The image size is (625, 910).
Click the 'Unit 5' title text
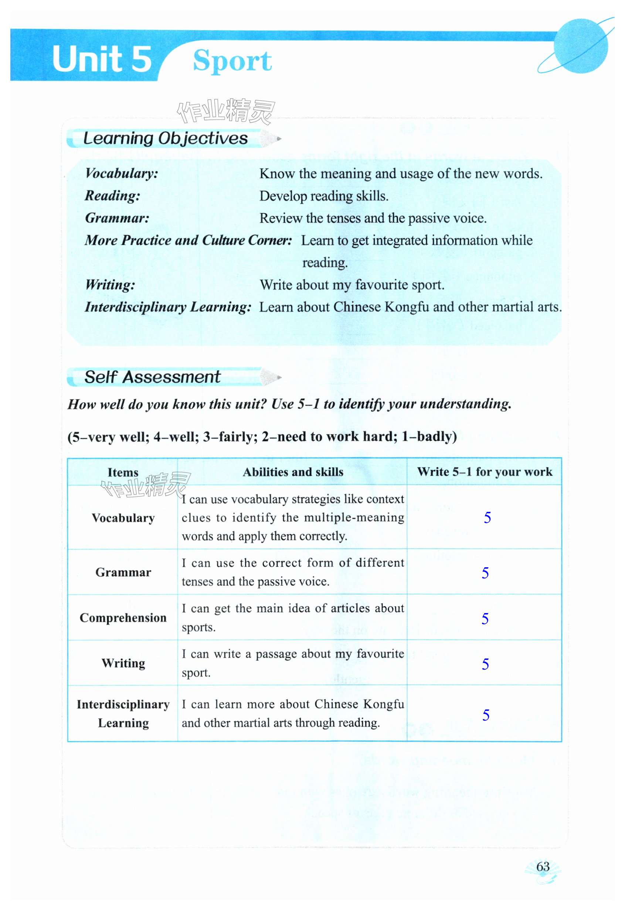pyautogui.click(x=102, y=59)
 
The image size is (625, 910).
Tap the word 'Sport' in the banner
pyautogui.click(x=232, y=61)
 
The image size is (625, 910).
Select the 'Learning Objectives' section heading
pyautogui.click(x=165, y=138)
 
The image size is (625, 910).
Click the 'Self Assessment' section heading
pyautogui.click(x=152, y=377)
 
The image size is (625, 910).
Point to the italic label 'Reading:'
pyautogui.click(x=112, y=195)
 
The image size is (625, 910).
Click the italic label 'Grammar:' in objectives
pyautogui.click(x=117, y=218)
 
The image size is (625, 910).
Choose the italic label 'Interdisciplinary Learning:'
pyautogui.click(x=168, y=307)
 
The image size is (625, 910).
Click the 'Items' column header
pyautogui.click(x=123, y=472)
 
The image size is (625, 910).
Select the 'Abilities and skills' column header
pyautogui.click(x=293, y=472)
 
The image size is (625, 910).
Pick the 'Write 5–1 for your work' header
pyautogui.click(x=484, y=472)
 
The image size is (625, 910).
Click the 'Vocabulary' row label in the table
pyautogui.click(x=123, y=518)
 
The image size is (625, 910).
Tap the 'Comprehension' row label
pyautogui.click(x=123, y=618)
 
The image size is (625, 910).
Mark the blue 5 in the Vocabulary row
pyautogui.click(x=487, y=518)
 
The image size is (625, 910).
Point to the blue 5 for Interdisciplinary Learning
pyautogui.click(x=486, y=715)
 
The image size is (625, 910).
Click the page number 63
pyautogui.click(x=543, y=866)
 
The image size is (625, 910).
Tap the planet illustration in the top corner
pyautogui.click(x=581, y=46)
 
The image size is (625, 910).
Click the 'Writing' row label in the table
pyautogui.click(x=123, y=663)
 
